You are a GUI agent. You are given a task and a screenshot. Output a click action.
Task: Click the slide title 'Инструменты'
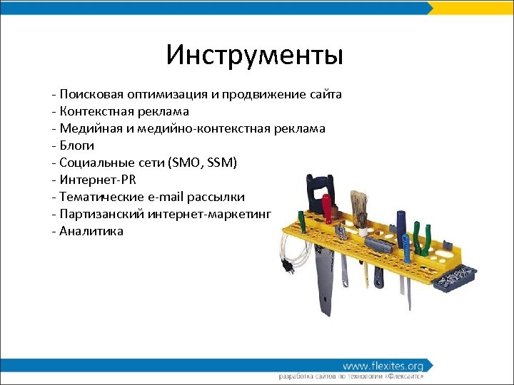click(255, 55)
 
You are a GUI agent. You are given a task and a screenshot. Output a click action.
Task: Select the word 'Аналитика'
click(91, 231)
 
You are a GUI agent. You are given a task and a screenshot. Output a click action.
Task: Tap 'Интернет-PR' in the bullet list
click(98, 180)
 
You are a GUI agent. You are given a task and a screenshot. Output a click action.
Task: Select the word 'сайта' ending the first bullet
click(326, 94)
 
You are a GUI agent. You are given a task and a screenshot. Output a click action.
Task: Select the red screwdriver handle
click(327, 207)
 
